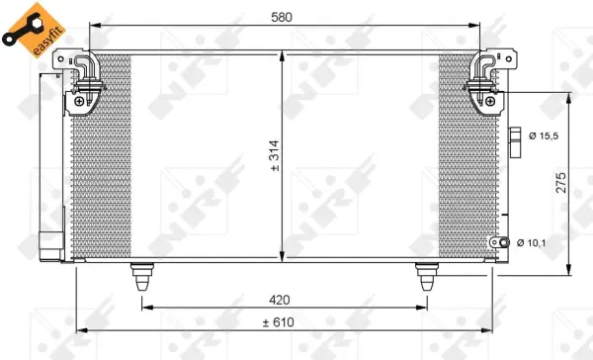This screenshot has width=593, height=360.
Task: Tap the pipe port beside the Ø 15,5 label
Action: tap(514, 137)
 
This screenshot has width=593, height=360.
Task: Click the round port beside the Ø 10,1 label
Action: tap(505, 242)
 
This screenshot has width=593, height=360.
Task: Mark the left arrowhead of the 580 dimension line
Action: tap(93, 27)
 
